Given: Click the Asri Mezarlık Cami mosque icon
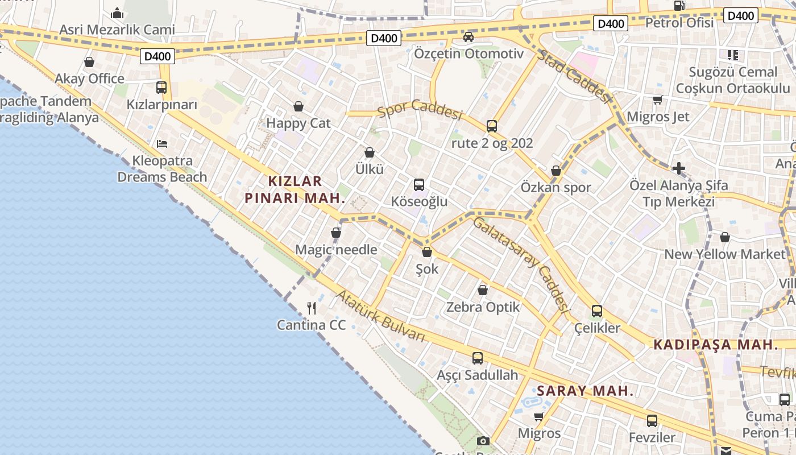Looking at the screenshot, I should [117, 13].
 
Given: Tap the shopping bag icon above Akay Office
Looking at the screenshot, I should [89, 62].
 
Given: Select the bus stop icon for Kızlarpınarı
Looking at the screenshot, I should [161, 88].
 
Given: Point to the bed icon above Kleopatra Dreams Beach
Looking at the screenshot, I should [162, 144].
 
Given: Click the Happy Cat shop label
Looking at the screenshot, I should [298, 123].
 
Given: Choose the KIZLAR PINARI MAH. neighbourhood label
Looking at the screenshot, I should [295, 189].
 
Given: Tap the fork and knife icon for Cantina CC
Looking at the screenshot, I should [312, 308].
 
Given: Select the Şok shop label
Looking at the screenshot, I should [427, 268].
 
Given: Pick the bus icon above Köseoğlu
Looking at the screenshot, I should [419, 185].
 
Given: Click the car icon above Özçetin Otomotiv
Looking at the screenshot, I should [469, 37].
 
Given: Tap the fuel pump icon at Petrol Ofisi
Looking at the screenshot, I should [679, 6].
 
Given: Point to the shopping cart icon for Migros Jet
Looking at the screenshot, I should [658, 100].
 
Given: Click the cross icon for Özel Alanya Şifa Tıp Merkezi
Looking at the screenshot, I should [678, 168].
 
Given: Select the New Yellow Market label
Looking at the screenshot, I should [724, 254].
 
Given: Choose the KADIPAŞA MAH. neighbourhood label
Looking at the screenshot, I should [715, 345].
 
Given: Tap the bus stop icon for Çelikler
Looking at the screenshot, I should [597, 311].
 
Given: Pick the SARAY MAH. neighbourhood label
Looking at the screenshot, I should [585, 391].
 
